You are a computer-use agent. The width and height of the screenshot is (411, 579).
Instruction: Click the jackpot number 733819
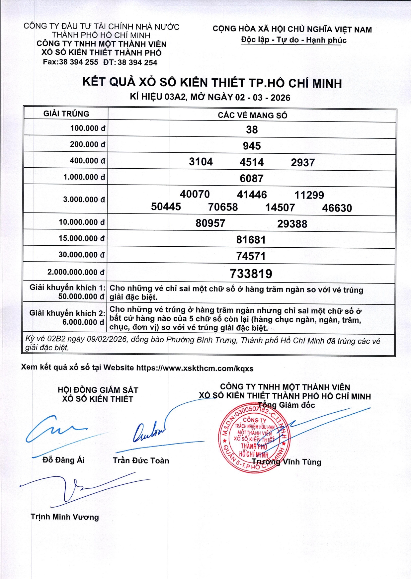(x=251, y=274)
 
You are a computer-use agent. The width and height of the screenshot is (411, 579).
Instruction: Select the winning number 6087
(x=252, y=179)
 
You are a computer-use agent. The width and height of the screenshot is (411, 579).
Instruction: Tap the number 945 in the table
(x=252, y=146)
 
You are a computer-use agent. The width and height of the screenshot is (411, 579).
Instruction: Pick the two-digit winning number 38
(x=252, y=129)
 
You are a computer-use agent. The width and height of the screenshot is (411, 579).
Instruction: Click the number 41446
(x=252, y=195)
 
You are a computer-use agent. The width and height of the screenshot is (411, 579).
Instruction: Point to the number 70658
(x=223, y=207)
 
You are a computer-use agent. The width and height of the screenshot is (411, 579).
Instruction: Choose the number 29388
(x=292, y=224)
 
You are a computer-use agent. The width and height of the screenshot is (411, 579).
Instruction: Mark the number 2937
(x=303, y=162)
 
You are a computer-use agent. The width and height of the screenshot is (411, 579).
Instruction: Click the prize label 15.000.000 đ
(x=82, y=238)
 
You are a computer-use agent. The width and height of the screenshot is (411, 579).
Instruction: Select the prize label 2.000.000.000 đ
(x=76, y=272)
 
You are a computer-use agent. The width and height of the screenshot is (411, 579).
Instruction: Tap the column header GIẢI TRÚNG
(x=66, y=114)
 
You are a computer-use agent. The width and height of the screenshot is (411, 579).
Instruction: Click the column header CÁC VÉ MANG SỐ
(x=252, y=115)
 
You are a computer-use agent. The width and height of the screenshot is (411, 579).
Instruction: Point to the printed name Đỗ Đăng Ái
(x=63, y=460)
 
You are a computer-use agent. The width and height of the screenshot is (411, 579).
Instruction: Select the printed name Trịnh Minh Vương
(x=65, y=517)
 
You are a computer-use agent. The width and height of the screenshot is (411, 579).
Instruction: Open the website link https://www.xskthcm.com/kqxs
(x=195, y=368)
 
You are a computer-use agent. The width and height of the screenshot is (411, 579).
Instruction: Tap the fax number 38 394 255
(x=78, y=62)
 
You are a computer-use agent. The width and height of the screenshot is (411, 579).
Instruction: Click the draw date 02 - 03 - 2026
(x=263, y=98)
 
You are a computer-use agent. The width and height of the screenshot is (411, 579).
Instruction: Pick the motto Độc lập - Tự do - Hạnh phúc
(x=293, y=40)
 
